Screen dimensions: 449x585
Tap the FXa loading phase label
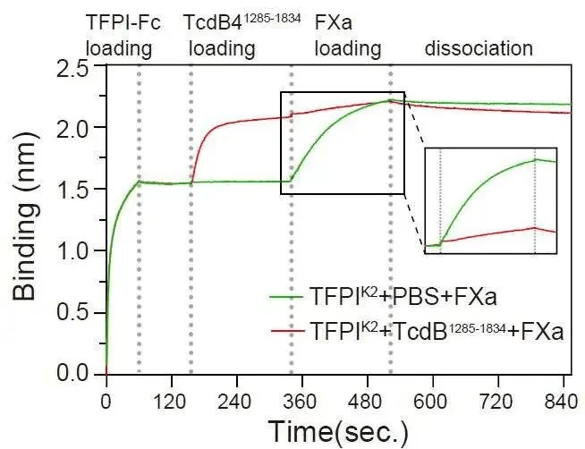(348, 35)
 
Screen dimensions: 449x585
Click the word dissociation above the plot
(479, 48)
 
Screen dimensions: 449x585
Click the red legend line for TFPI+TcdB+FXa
(285, 332)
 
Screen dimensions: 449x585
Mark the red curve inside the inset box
(487, 234)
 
